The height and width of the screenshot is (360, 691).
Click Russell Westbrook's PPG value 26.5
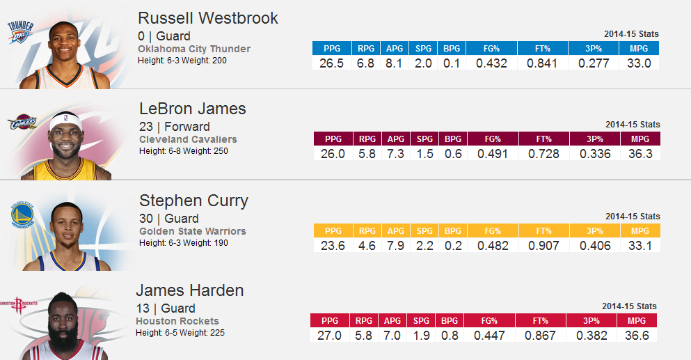[x=331, y=63]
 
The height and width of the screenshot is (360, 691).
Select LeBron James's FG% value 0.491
[x=493, y=154]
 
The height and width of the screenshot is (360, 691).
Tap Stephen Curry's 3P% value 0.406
[x=594, y=246]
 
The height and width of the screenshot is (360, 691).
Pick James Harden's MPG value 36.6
[x=637, y=336]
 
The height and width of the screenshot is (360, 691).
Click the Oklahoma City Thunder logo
[x=19, y=32]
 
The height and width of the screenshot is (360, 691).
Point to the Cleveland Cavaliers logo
[x=21, y=124]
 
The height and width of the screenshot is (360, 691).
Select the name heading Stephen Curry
[x=193, y=201]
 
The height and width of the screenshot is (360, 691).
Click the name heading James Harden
[x=189, y=290]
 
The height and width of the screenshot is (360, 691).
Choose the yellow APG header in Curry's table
[x=395, y=231]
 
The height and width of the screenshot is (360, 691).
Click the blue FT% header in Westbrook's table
[x=542, y=49]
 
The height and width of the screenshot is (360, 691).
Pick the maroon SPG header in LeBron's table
[x=424, y=139]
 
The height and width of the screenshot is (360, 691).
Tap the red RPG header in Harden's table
[x=363, y=321]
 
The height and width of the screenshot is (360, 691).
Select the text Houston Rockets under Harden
[x=177, y=321]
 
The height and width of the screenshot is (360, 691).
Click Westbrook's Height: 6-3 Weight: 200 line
[x=182, y=61]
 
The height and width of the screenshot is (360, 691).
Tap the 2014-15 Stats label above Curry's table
[x=632, y=217]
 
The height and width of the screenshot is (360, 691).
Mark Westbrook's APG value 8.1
[x=395, y=63]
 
